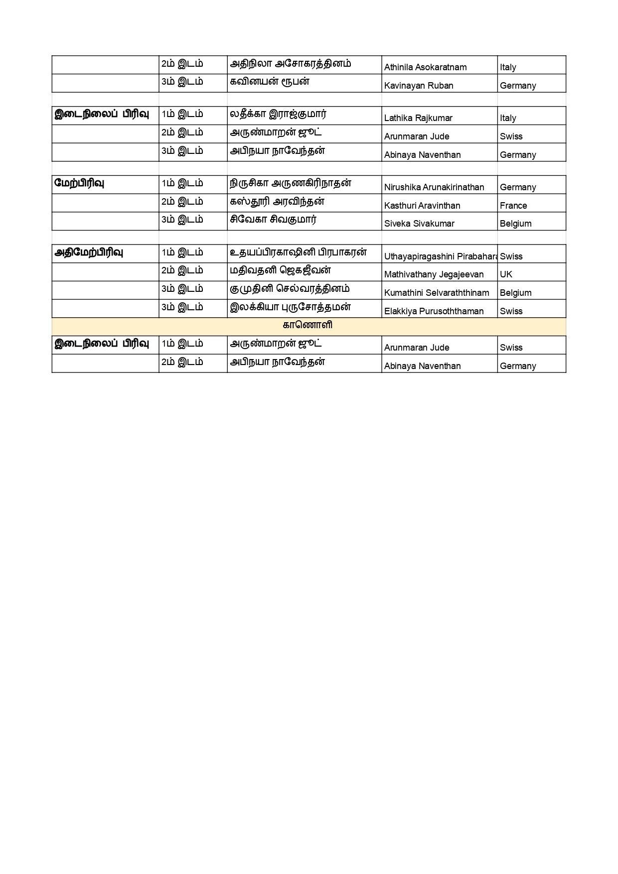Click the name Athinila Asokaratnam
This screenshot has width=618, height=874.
tap(425, 67)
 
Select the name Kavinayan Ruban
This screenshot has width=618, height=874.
tap(419, 86)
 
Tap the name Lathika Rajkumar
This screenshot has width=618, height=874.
tap(418, 118)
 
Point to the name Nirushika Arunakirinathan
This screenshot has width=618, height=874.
tap(434, 187)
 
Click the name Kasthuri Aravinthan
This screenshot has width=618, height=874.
tap(422, 206)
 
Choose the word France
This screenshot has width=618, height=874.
tap(513, 206)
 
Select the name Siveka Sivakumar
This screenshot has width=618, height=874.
tap(419, 224)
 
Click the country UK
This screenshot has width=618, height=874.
tap(506, 274)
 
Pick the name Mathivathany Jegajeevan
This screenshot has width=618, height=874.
tap(434, 274)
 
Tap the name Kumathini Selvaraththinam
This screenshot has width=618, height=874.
tap(437, 293)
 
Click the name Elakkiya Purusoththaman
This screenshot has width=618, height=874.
tap(434, 311)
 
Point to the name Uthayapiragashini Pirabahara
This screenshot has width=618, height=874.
tap(441, 256)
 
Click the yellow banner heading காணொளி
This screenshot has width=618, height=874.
tap(308, 326)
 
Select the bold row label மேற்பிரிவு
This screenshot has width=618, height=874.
tap(79, 183)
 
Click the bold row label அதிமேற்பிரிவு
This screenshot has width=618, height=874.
tap(89, 252)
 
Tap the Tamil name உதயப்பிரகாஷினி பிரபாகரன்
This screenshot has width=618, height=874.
tap(298, 252)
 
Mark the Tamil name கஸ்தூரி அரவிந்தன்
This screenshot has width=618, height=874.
tap(277, 202)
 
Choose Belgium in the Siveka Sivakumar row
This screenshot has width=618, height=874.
tap(515, 224)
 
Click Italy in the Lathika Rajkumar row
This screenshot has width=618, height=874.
tap(508, 118)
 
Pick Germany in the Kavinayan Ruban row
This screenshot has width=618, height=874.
tap(518, 86)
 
